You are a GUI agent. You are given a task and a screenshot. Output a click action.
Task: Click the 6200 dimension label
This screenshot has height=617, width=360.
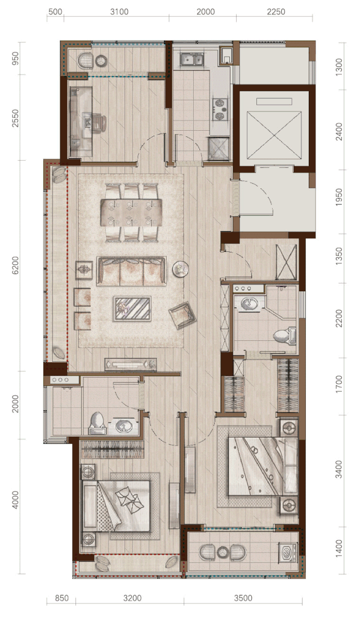[15, 265]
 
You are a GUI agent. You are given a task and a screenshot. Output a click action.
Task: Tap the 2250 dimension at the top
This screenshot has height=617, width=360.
[276, 12]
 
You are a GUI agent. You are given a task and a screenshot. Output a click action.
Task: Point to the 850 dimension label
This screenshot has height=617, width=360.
[62, 598]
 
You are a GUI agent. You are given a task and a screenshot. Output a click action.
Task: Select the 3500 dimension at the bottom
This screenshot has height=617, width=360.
[243, 598]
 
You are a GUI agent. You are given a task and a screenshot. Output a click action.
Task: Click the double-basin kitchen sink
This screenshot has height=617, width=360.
[192, 59]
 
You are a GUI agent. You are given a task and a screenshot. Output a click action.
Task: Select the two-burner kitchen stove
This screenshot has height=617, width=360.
[220, 109]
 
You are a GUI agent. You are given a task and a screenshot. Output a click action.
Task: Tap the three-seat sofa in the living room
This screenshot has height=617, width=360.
[131, 271]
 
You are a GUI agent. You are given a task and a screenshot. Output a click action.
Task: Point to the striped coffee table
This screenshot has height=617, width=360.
[132, 309]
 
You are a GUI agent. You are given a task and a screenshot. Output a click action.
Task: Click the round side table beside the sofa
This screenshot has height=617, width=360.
[180, 269]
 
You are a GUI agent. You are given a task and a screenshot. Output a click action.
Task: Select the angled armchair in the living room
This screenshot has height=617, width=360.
[183, 315]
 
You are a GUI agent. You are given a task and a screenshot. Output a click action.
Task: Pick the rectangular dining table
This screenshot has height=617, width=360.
[131, 212]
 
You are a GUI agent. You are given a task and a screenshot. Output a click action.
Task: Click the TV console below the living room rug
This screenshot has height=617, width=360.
[131, 365]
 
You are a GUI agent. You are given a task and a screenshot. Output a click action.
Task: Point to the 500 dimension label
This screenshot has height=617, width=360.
[55, 12]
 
